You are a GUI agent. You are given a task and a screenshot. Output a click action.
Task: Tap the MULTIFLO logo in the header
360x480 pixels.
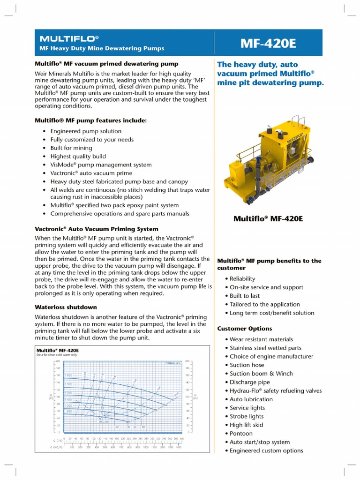69,38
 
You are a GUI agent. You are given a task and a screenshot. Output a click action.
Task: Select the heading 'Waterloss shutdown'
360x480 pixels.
66,307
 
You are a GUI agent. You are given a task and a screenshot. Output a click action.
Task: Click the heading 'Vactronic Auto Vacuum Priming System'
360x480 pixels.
97,229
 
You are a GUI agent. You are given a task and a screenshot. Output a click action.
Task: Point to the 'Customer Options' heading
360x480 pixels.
244,329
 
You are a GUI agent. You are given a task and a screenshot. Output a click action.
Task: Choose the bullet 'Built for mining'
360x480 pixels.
71,148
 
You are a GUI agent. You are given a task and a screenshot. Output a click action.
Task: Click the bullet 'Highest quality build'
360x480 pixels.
78,157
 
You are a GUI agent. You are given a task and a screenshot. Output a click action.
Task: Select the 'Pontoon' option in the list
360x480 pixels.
241,434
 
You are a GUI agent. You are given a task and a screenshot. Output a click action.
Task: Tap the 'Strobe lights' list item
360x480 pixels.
247,416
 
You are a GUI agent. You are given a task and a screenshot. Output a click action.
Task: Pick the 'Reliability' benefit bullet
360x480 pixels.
242,279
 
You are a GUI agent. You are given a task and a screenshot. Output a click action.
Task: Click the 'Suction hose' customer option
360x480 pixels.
247,365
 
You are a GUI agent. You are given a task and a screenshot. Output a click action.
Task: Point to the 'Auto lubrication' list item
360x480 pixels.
251,399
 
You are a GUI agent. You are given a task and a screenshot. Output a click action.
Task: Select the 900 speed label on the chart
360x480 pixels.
68,411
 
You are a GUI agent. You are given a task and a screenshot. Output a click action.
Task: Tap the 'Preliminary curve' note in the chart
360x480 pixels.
172,363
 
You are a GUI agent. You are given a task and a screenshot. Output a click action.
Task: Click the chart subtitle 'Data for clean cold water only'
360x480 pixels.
56,355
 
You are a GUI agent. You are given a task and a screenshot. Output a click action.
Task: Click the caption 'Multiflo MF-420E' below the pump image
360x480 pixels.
268,218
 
